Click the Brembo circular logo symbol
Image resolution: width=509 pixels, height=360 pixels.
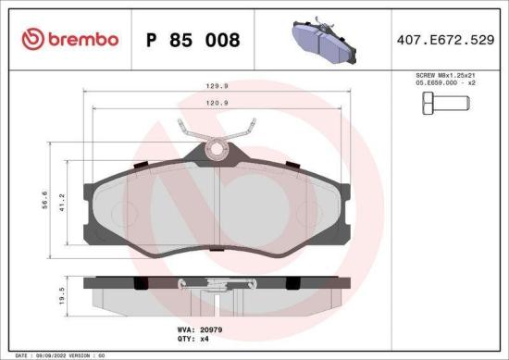(x=31, y=40)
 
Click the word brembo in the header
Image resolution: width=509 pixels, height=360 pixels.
(x=83, y=40)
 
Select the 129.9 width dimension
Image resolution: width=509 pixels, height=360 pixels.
(x=217, y=88)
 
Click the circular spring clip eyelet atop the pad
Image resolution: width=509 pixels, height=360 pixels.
(x=218, y=146)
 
